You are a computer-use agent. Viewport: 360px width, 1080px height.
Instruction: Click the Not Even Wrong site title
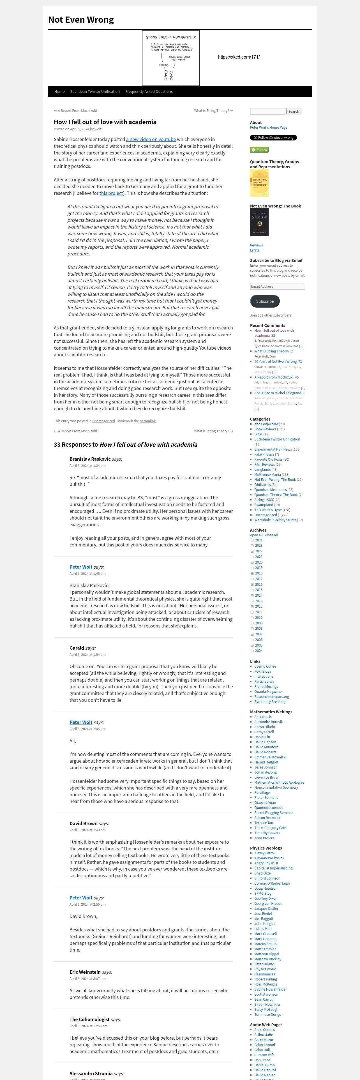[81, 20]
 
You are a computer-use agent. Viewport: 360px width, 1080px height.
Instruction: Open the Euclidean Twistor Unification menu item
[95, 91]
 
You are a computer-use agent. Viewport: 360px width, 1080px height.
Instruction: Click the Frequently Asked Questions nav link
[149, 91]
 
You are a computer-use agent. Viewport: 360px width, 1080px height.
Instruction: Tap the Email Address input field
[277, 286]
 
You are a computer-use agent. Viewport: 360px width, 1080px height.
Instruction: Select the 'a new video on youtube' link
[151, 139]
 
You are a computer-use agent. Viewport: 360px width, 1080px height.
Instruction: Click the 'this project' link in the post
[111, 193]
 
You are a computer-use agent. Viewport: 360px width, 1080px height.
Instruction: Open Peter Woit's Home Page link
[269, 128]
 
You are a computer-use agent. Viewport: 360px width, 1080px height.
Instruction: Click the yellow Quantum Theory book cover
[259, 183]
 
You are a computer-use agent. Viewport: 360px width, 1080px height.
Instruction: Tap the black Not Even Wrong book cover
[259, 223]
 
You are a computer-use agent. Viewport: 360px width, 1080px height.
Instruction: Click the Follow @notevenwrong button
[273, 137]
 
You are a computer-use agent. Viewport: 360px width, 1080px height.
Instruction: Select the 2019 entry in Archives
[259, 568]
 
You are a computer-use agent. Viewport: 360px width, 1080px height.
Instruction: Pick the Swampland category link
[264, 505]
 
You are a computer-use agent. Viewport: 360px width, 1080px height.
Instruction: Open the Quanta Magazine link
[268, 692]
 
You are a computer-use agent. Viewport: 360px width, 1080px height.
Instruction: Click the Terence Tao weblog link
[264, 823]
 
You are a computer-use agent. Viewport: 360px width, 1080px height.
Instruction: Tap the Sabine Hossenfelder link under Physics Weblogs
[270, 989]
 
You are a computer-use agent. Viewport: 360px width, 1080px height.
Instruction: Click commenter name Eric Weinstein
[85, 972]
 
